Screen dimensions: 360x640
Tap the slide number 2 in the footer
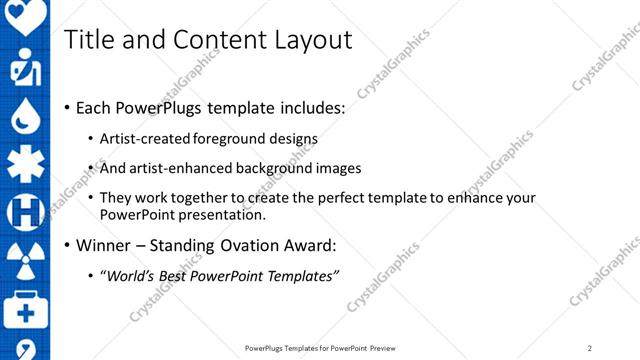tap(590, 348)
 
